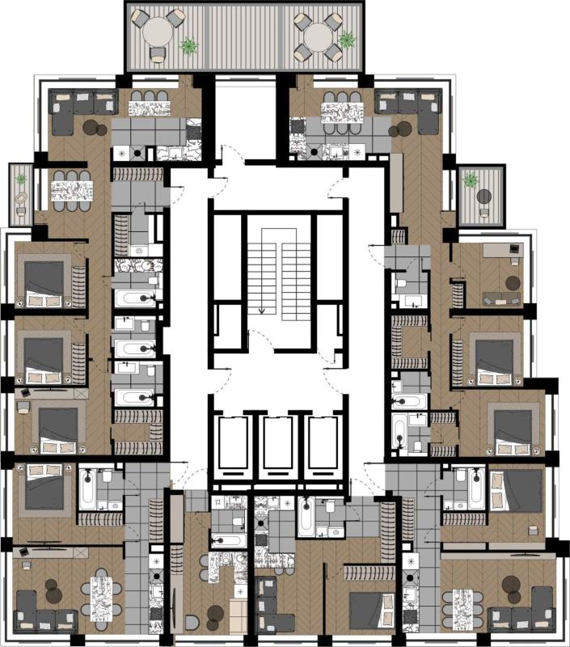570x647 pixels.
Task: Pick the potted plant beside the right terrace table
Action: click(348, 38)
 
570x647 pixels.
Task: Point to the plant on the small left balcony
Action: click(21, 179)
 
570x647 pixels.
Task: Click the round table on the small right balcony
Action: click(483, 196)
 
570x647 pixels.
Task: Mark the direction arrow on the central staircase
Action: click(262, 307)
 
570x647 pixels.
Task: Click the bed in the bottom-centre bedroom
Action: click(371, 608)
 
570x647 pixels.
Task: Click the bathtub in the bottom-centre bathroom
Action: click(306, 517)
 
